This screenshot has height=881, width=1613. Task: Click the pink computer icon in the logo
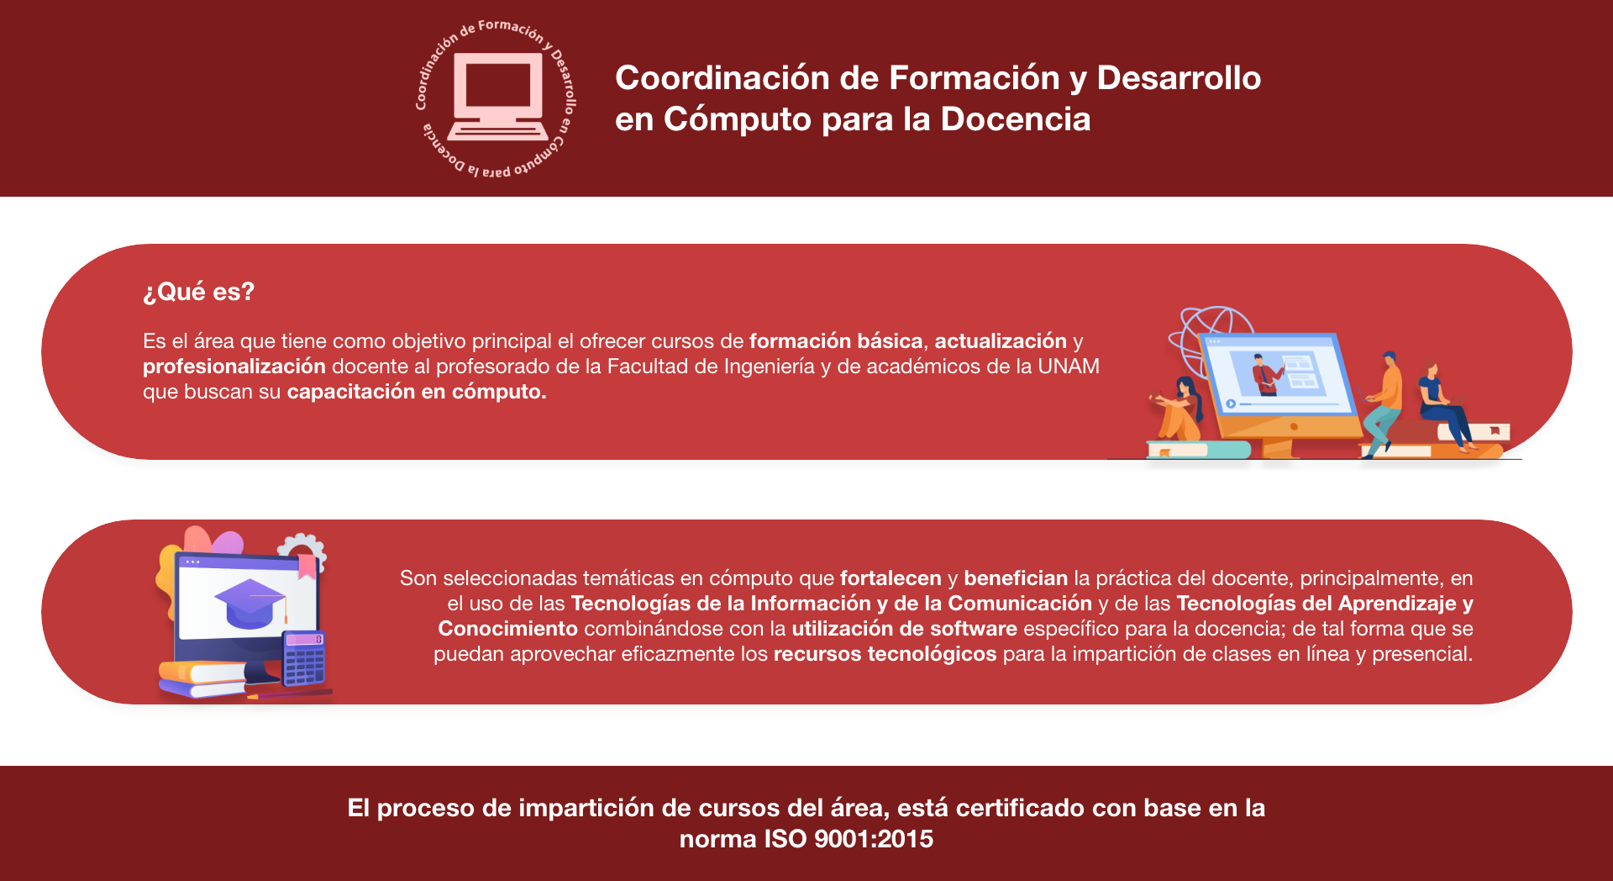(x=498, y=97)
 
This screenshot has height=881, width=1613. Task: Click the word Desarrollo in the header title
(x=1179, y=77)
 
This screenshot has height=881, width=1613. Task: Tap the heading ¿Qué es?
(x=198, y=292)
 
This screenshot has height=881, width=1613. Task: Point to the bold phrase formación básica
(x=836, y=340)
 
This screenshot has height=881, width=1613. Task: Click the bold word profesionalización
(x=234, y=366)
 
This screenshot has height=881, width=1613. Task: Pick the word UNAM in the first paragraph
(x=1069, y=366)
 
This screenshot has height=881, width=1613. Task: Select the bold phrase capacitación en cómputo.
(x=417, y=391)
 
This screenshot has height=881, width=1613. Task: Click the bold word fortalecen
(x=891, y=578)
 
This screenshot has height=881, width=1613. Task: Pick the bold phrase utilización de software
(x=904, y=628)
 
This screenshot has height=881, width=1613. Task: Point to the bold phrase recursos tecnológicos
(x=885, y=653)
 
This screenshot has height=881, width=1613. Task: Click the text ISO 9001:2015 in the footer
(x=849, y=838)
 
